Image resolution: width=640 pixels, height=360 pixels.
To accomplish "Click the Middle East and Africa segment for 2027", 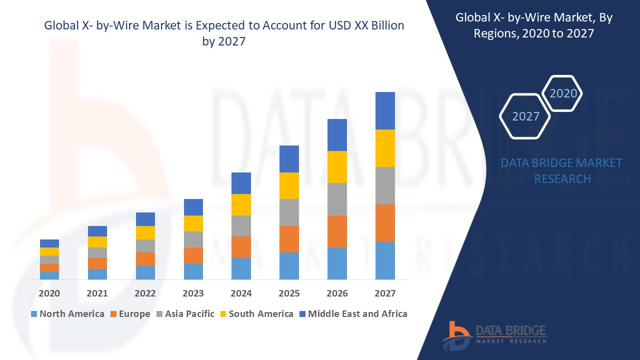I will point(385,110).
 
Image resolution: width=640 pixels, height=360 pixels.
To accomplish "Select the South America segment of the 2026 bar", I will point(337,166).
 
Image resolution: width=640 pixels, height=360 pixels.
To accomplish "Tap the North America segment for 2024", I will point(241,268).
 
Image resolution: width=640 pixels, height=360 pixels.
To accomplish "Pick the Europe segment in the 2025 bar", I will point(289,239).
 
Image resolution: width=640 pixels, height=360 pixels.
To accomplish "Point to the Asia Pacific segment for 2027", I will point(385,185).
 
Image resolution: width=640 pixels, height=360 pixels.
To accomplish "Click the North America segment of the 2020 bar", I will point(49,275).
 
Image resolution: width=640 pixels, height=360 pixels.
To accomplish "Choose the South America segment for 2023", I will point(193,223).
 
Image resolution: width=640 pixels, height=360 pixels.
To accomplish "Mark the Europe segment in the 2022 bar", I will point(145,259).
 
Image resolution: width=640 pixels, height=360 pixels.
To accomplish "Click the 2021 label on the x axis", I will point(97,293).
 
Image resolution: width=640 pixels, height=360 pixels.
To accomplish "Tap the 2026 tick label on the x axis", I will point(337,293).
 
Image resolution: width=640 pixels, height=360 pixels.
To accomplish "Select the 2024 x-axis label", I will point(241,293).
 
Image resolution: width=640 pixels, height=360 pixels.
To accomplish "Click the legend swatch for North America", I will point(34,314).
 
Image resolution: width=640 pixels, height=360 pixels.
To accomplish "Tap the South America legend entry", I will point(256,314).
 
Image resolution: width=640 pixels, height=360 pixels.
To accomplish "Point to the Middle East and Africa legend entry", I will point(352,314).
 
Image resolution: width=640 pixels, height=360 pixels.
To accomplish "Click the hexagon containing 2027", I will point(525,116).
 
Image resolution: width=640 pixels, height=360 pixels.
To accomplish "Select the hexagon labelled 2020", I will point(563,93).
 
